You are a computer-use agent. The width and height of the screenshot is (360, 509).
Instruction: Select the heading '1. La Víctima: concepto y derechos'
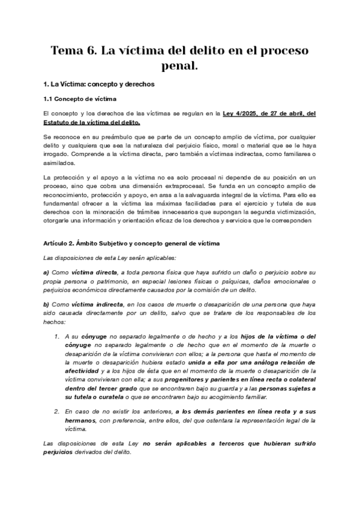100,84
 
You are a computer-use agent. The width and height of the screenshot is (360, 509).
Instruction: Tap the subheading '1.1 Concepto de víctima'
80,98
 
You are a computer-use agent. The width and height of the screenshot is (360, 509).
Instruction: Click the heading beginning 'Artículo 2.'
133,243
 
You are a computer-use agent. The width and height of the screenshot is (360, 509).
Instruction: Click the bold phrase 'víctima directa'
95,271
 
